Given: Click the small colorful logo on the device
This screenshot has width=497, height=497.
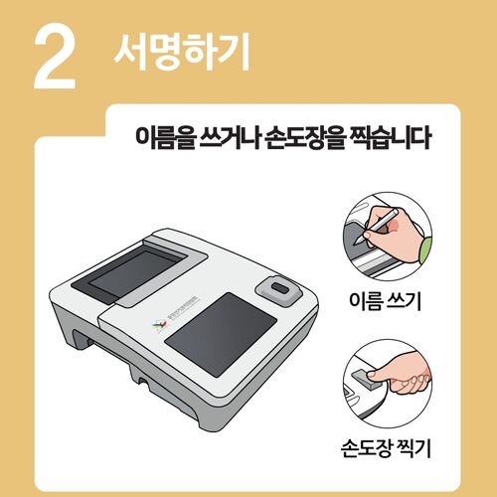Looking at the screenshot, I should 154,324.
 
